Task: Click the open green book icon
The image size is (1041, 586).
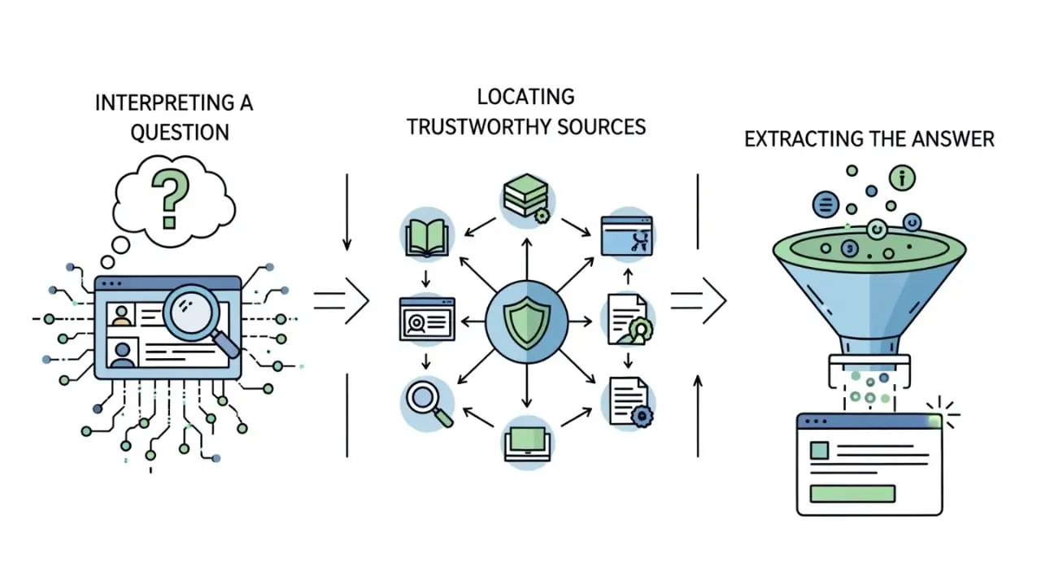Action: [427, 234]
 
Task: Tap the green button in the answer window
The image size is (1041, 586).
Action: [853, 493]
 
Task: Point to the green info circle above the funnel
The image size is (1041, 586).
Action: [901, 177]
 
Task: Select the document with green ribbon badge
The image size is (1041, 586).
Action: [628, 320]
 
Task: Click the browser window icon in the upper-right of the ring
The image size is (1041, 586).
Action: [626, 235]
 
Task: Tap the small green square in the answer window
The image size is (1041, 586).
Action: [819, 450]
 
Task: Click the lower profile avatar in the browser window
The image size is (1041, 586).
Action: [123, 354]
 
